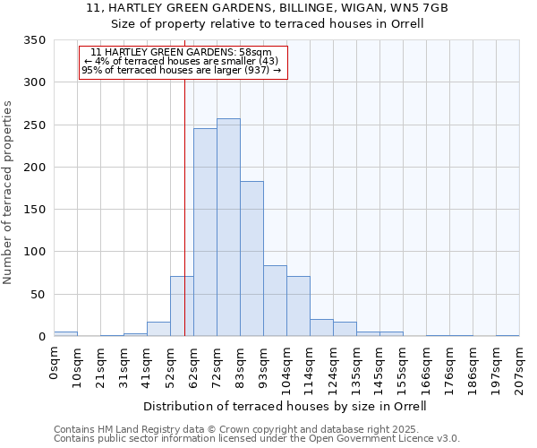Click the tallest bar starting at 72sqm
228,228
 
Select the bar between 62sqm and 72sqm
205,233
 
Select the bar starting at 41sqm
158,329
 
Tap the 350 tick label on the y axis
35,40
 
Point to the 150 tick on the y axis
35,210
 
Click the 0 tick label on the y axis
41,337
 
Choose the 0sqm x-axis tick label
55,364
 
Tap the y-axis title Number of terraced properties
9,192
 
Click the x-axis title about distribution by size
285,406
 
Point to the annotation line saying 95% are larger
182,69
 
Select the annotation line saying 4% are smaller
182,61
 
